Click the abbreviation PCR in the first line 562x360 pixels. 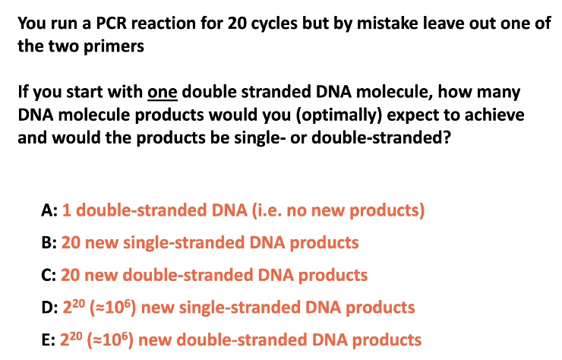pos(111,24)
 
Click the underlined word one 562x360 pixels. pos(163,92)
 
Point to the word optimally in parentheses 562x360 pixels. pos(339,115)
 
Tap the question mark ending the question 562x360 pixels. pos(447,137)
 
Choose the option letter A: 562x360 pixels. pos(49,210)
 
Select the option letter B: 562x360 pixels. pos(49,243)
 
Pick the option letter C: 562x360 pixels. pos(49,276)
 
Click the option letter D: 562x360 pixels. pos(49,308)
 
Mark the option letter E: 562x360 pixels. pos(48,340)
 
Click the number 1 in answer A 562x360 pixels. pos(66,210)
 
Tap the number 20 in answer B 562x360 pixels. pos(71,243)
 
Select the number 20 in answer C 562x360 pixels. pos(70,276)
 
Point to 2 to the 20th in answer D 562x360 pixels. pos(74,307)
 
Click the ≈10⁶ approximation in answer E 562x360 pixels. pos(110,339)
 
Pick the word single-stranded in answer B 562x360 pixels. pos(184,243)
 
